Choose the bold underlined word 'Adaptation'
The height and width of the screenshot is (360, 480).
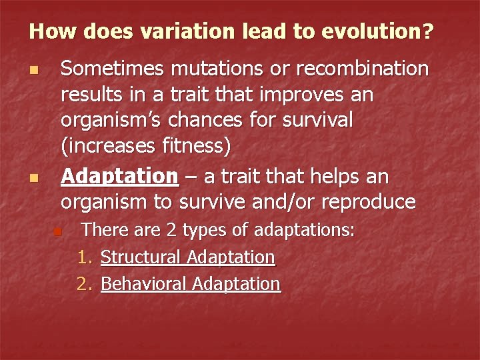pyautogui.click(x=119, y=176)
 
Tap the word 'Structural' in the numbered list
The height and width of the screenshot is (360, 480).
pyautogui.click(x=141, y=257)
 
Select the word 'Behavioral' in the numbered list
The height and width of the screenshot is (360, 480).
pyautogui.click(x=143, y=284)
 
